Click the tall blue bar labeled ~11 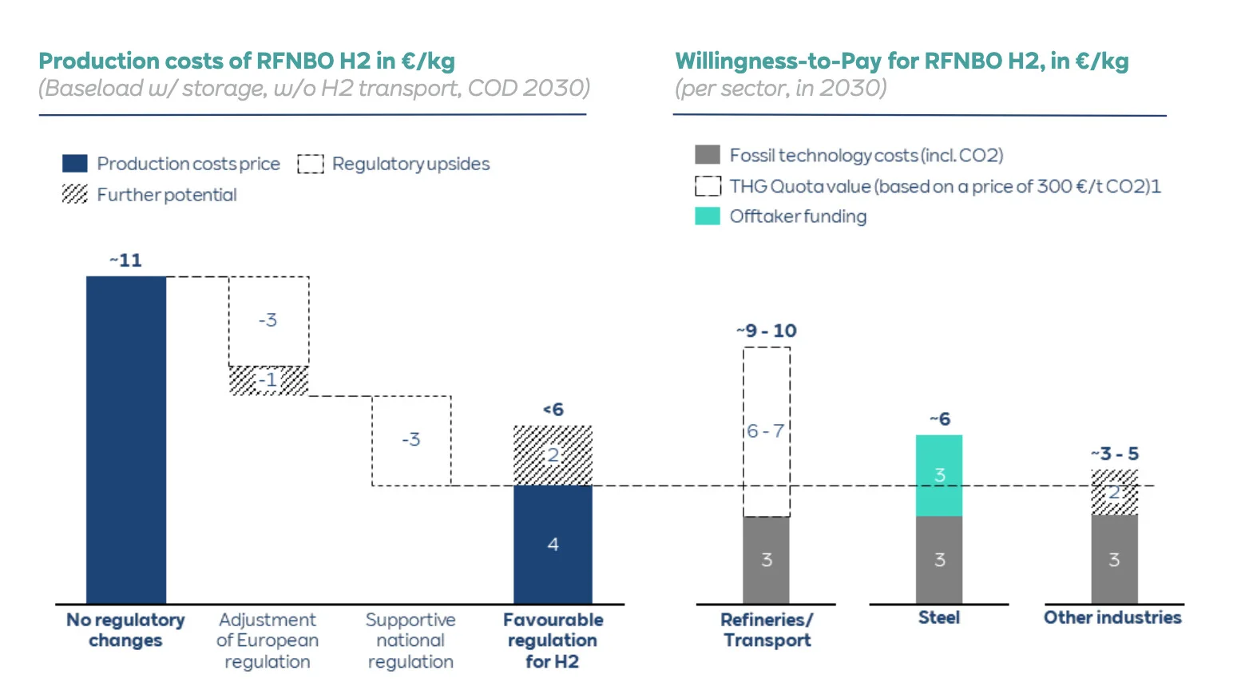tap(125, 439)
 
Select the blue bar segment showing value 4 tap(553, 544)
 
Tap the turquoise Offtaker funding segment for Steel tap(938, 475)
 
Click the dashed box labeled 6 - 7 tap(767, 431)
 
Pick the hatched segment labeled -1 tap(268, 380)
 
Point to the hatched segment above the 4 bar tap(553, 455)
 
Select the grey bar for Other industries tap(1114, 559)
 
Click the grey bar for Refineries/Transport tap(767, 559)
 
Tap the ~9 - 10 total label tap(767, 331)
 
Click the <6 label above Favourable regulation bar tap(553, 410)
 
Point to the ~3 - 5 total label tap(1115, 454)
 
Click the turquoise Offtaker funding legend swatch tap(708, 216)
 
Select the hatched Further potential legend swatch tap(74, 194)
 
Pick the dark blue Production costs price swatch tap(74, 164)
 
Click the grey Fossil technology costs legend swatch tap(708, 155)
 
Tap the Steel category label tap(938, 617)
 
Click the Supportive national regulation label tap(410, 640)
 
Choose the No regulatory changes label tap(125, 630)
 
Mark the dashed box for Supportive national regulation tap(411, 440)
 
